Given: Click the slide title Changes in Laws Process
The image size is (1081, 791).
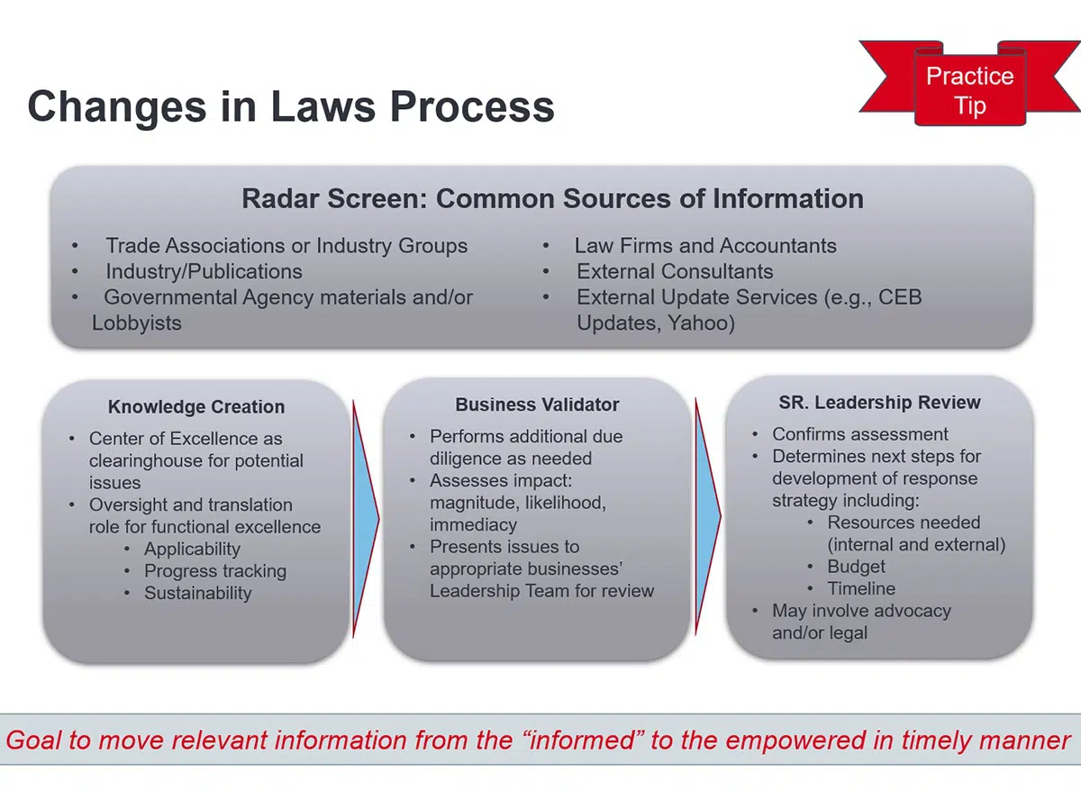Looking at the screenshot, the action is pyautogui.click(x=291, y=107).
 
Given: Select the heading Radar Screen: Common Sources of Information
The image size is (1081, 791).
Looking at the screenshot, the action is pyautogui.click(x=552, y=198).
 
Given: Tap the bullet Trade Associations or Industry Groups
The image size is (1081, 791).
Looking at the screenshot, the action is pyautogui.click(x=286, y=246).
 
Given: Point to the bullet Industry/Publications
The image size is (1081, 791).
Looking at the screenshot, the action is pyautogui.click(x=204, y=271).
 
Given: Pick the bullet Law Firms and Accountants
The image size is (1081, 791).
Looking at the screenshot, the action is pyautogui.click(x=705, y=246).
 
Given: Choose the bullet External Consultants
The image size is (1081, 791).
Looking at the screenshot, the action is pyautogui.click(x=675, y=271).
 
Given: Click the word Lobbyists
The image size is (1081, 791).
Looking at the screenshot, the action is pyautogui.click(x=137, y=323).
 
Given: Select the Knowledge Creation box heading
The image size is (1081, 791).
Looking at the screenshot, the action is pyautogui.click(x=196, y=407).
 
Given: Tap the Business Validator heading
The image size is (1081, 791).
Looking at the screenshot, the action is pyautogui.click(x=537, y=405).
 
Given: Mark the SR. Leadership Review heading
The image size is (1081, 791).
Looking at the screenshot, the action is pyautogui.click(x=880, y=402).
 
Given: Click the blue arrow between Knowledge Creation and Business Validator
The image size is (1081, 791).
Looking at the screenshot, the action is pyautogui.click(x=366, y=519).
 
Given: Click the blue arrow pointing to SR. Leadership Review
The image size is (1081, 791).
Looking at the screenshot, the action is pyautogui.click(x=708, y=516).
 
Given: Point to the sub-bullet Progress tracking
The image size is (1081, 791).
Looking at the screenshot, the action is pyautogui.click(x=215, y=571).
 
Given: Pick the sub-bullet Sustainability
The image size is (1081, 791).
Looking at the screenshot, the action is pyautogui.click(x=198, y=593).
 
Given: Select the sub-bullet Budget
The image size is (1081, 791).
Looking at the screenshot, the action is pyautogui.click(x=856, y=567).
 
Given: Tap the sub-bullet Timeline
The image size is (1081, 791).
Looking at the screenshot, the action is pyautogui.click(x=861, y=588).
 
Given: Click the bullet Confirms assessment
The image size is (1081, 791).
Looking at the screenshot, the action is pyautogui.click(x=860, y=434).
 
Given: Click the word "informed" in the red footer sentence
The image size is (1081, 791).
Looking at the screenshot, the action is pyautogui.click(x=583, y=740).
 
